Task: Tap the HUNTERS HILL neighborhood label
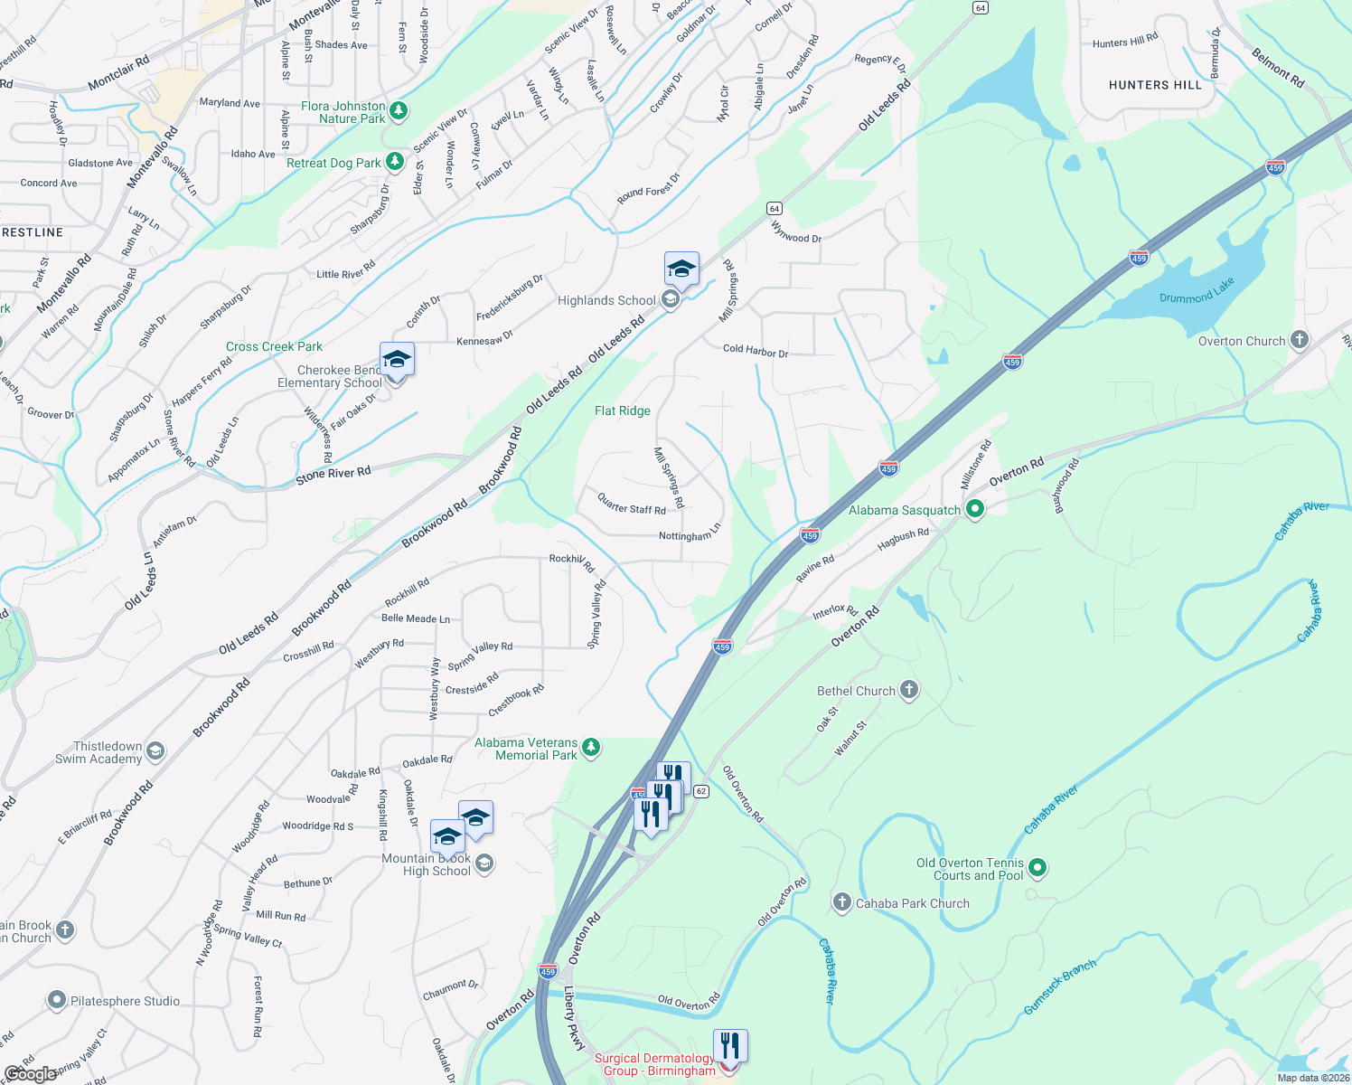[1155, 85]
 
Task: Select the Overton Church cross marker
[1299, 340]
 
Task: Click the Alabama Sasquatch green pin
[974, 509]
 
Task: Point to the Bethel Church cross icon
[908, 690]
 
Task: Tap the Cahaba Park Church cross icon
[841, 902]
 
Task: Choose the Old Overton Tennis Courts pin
[1037, 868]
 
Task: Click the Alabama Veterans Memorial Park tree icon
[591, 748]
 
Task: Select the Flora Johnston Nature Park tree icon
[399, 111]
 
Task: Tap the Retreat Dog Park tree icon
[394, 162]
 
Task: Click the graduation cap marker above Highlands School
[681, 269]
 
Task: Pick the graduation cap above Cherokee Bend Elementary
[397, 360]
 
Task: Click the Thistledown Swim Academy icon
[155, 751]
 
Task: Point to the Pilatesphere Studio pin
[57, 1000]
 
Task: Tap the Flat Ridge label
[623, 410]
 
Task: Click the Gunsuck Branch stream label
[1060, 986]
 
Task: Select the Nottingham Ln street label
[690, 534]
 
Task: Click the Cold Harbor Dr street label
[756, 350]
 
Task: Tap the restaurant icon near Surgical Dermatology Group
[729, 1046]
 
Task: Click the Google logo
[30, 1073]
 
